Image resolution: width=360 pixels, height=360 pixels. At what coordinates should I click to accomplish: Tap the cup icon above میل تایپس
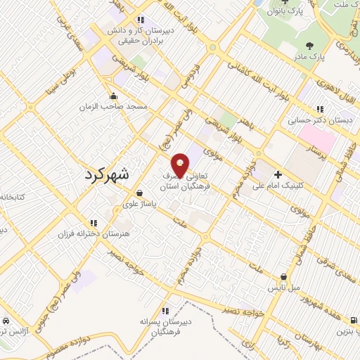pyautogui.click(x=284, y=278)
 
